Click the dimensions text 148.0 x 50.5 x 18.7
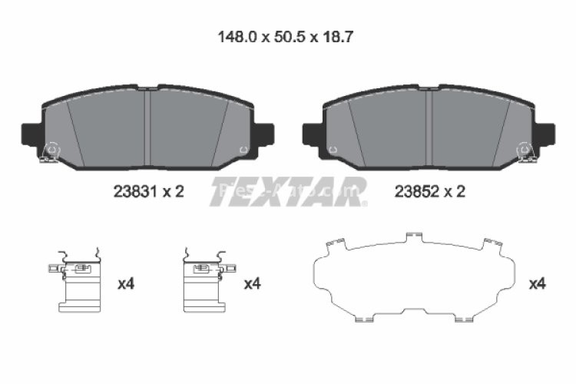click(x=286, y=35)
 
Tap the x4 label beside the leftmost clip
click(x=126, y=284)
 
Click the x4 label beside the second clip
click(x=252, y=284)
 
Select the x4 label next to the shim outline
click(x=537, y=284)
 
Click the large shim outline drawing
click(x=415, y=276)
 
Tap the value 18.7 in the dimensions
click(x=338, y=35)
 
